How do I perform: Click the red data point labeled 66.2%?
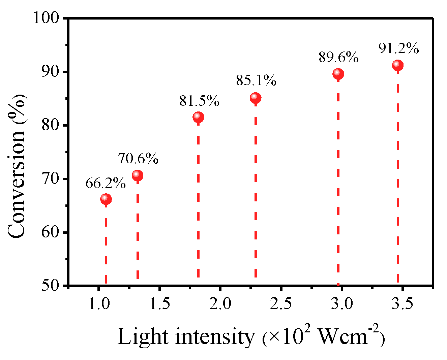(x=106, y=199)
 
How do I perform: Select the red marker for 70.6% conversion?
(x=138, y=175)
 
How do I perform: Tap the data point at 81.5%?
(x=198, y=117)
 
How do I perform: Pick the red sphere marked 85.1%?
(x=256, y=98)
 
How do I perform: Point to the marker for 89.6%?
(x=338, y=74)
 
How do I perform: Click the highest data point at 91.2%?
(x=398, y=65)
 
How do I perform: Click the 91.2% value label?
(x=398, y=49)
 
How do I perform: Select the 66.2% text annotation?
(x=106, y=184)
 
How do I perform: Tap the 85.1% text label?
(x=256, y=81)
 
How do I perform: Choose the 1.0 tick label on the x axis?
(x=99, y=304)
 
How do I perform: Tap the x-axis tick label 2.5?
(x=281, y=304)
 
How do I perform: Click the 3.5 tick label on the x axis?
(x=403, y=304)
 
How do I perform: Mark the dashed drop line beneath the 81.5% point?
(x=198, y=202)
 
